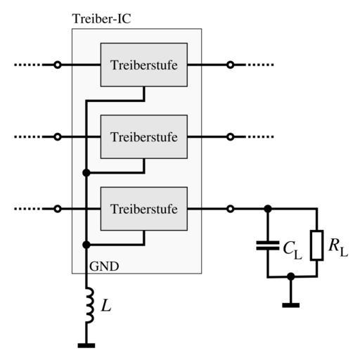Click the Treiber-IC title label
[x=102, y=19]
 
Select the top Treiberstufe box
[x=144, y=65]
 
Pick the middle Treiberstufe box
[x=144, y=136]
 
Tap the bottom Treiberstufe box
[x=144, y=209]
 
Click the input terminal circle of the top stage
[x=58, y=65]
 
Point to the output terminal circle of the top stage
[x=231, y=65]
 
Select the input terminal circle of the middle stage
[x=58, y=136]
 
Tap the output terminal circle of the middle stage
[x=231, y=136]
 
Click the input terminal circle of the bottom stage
[x=58, y=209]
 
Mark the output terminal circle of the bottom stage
[x=231, y=209]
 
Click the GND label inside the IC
[x=104, y=266]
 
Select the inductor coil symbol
[x=90, y=305]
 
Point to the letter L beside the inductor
[x=106, y=306]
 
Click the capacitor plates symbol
[x=268, y=245]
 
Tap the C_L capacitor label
[x=292, y=250]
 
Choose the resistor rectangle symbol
[x=317, y=245]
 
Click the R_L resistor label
[x=338, y=247]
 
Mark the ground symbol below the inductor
[x=86, y=345]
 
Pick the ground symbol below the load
[x=291, y=305]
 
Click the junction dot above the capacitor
[x=268, y=209]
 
